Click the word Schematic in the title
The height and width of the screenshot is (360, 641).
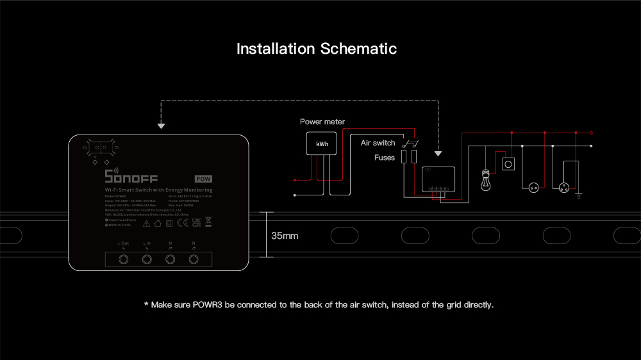click(x=358, y=49)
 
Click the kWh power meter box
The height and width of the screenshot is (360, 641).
click(x=322, y=144)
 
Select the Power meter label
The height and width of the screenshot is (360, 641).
click(x=322, y=122)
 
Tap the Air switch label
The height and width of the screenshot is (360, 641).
click(x=378, y=143)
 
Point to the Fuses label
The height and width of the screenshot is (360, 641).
click(x=385, y=157)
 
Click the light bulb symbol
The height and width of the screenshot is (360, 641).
click(x=486, y=181)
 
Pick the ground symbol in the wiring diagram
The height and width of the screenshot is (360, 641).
click(x=579, y=193)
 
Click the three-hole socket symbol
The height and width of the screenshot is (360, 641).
click(x=563, y=188)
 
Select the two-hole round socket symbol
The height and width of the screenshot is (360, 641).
click(x=532, y=188)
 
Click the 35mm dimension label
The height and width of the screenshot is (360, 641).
click(x=285, y=236)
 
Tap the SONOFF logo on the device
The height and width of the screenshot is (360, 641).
click(x=131, y=177)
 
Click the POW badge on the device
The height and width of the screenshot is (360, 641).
click(x=203, y=179)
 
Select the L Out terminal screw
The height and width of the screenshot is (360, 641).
click(x=124, y=259)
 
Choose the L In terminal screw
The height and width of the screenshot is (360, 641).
click(x=147, y=259)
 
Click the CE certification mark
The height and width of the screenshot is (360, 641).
click(x=181, y=224)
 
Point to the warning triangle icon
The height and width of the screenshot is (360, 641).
click(x=147, y=224)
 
